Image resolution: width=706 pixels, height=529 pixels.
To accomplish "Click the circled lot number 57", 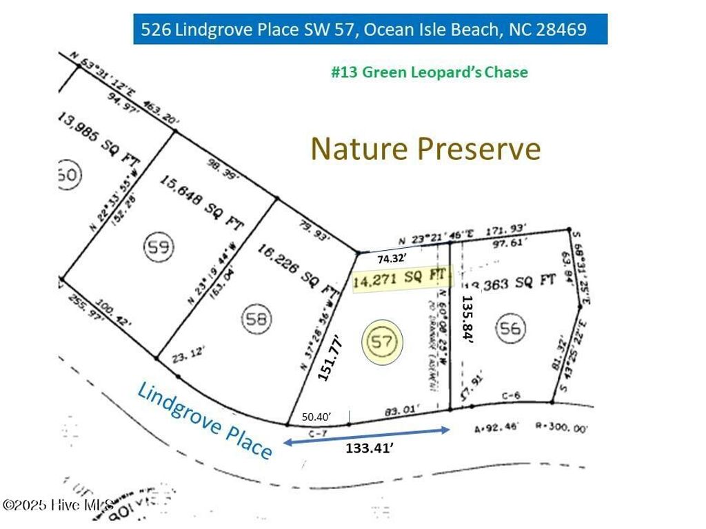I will coord(383,342).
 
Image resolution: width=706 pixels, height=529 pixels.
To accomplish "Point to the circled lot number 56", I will coord(511,329).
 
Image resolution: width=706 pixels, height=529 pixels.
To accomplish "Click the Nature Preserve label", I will coord(425,148).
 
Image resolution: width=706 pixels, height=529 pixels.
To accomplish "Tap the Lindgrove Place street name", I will coord(205,419).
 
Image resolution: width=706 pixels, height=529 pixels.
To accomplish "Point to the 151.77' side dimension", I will coord(329,357).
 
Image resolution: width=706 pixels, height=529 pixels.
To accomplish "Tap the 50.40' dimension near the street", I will coord(317,417).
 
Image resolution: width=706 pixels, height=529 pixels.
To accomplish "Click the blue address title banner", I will coord(370,30).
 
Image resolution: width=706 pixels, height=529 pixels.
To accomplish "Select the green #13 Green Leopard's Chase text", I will coord(429,72).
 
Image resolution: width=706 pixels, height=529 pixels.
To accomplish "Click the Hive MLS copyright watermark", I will coord(59,506).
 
